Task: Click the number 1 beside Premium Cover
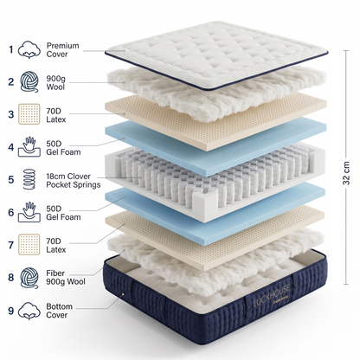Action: pos(11,49)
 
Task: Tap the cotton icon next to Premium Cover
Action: pos(29,49)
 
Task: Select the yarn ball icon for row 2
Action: pos(29,82)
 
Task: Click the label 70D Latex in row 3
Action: pos(56,115)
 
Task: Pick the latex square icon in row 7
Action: pos(29,244)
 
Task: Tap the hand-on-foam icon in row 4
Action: pos(29,147)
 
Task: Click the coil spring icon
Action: pos(29,179)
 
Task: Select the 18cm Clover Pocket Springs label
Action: pos(74,181)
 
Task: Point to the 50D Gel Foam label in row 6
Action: pos(63,213)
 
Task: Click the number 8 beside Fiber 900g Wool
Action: pos(11,278)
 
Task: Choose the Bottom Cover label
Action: pos(59,311)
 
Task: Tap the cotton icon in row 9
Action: pos(29,311)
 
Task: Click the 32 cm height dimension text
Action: pos(346,173)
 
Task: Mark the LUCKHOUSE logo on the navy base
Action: pos(271,297)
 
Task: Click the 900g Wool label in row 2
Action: pos(55,82)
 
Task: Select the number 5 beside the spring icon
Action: pos(11,180)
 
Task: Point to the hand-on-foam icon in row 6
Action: pos(29,212)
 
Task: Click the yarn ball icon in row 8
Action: pos(29,278)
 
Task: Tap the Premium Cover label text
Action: pos(62,50)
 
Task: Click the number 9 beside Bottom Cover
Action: pos(11,311)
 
